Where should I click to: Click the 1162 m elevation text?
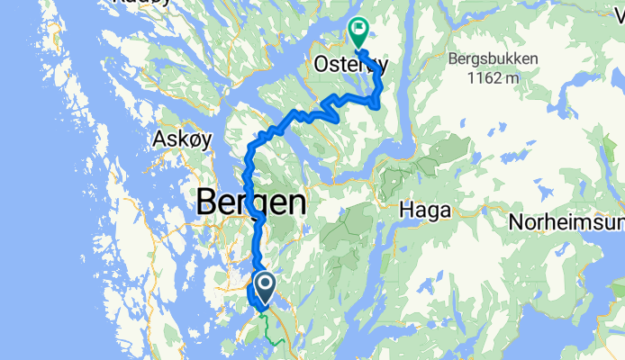[x=493, y=78]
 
